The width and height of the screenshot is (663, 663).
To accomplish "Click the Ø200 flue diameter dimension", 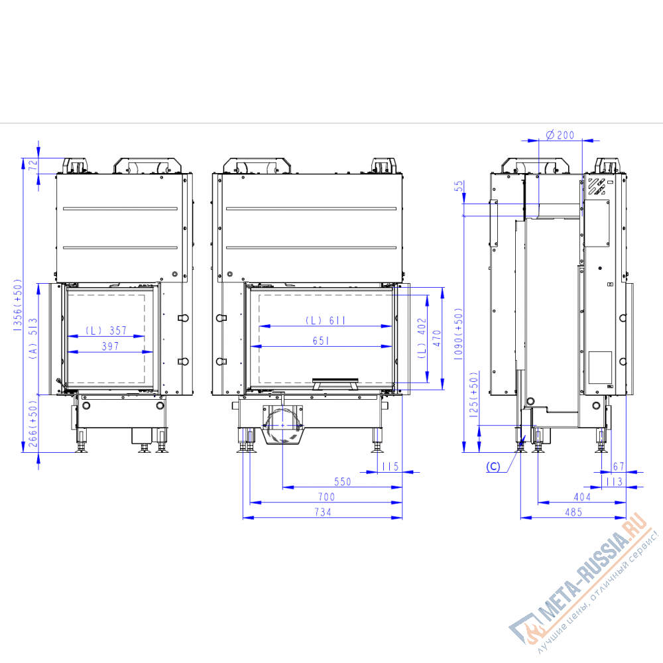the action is tap(560, 135).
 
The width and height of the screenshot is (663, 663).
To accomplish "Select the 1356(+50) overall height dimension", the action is tap(18, 304).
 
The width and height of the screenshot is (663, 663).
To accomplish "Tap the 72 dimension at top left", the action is tap(33, 165).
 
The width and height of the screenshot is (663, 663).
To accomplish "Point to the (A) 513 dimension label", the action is tap(33, 338).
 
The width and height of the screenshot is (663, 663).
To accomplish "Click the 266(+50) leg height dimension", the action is tap(33, 424).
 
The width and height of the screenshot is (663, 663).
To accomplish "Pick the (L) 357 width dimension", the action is tap(106, 330).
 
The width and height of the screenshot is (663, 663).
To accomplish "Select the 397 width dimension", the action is tap(110, 346).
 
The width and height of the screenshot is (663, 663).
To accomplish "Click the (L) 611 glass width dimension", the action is tap(325, 320).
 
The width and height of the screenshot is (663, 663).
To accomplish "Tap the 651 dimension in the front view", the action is tap(321, 340).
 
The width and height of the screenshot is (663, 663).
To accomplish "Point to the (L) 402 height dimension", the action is tap(422, 338).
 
